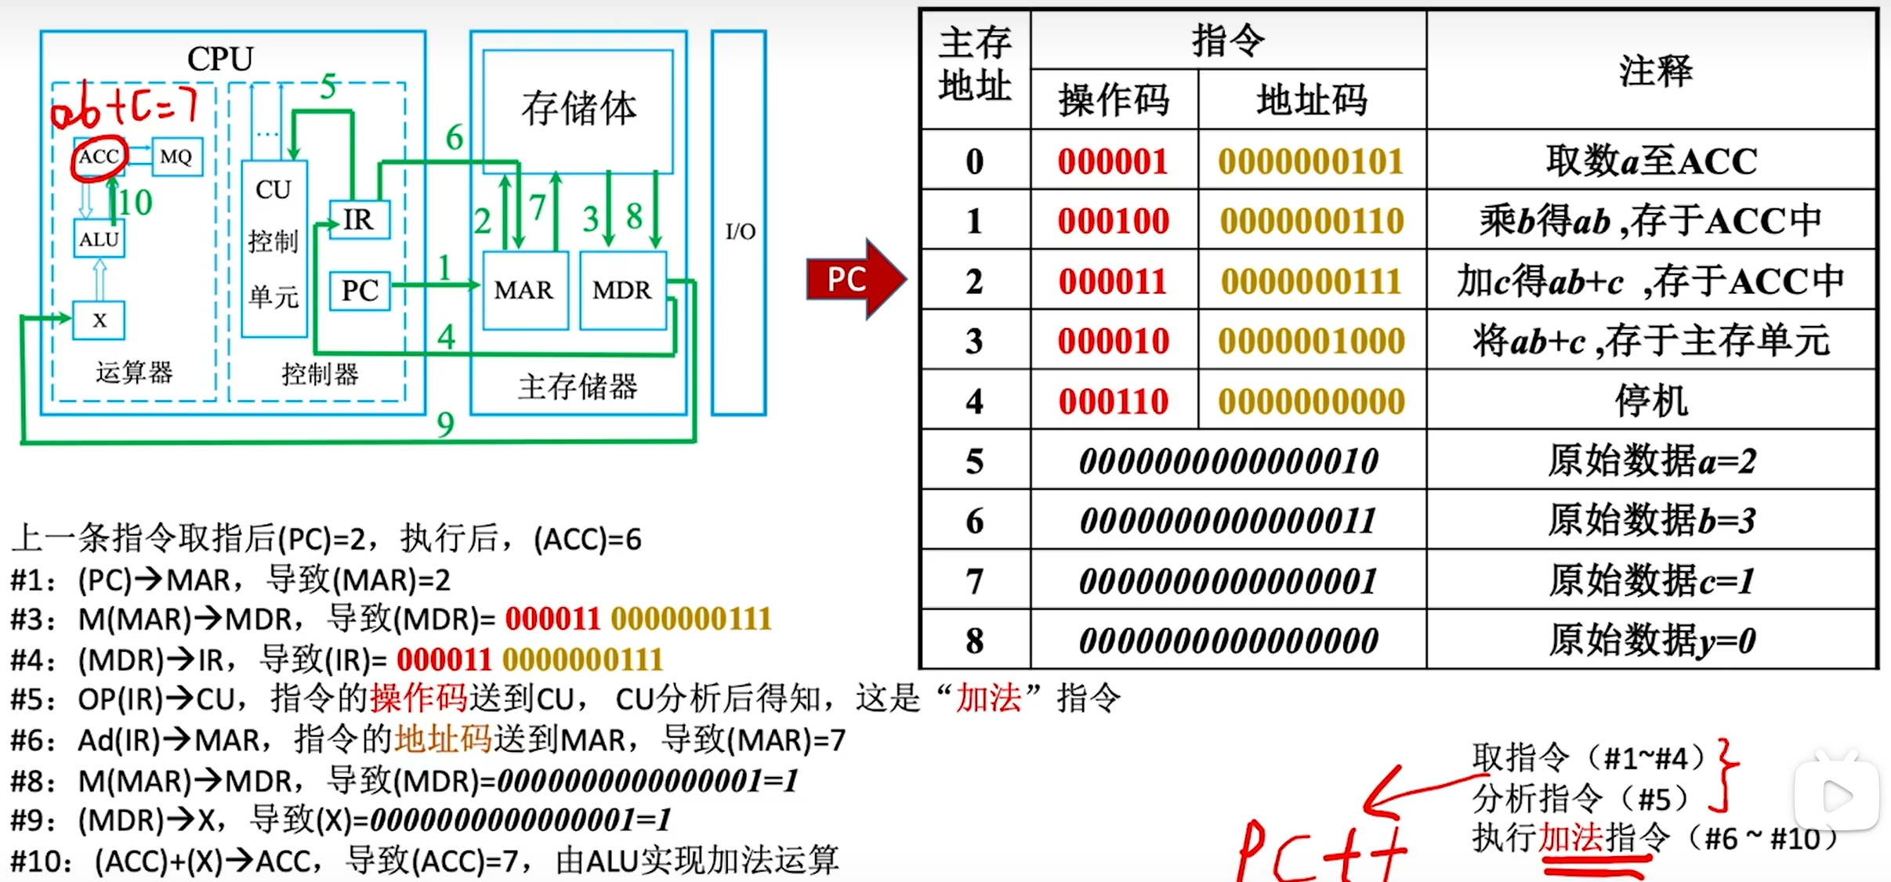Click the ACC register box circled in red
tap(99, 157)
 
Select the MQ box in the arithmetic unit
tap(176, 157)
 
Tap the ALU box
tap(99, 239)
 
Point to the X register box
tap(99, 320)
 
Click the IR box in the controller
tap(359, 220)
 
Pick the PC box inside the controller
tap(360, 291)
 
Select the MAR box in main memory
tap(524, 291)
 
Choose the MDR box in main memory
tap(622, 291)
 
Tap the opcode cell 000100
tap(1114, 221)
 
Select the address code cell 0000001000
tap(1311, 341)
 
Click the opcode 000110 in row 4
tap(1114, 401)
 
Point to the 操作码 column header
tap(1114, 100)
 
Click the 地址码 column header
tap(1311, 100)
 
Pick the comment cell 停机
tap(1651, 401)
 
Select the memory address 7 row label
tap(974, 581)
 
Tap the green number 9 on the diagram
tap(445, 425)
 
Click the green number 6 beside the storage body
tap(455, 138)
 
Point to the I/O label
tap(740, 232)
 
